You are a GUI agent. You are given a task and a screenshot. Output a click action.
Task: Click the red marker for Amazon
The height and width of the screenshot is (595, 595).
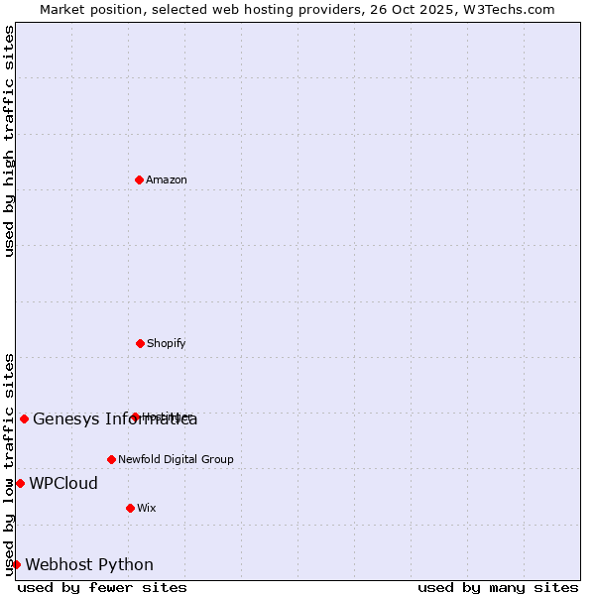coord(139,179)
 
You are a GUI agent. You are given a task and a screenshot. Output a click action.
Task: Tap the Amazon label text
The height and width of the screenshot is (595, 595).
coord(167,179)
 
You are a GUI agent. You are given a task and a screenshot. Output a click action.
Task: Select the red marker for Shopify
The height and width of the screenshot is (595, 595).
coord(140,343)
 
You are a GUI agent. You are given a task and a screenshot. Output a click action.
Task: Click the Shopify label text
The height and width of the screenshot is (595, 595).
coord(167,343)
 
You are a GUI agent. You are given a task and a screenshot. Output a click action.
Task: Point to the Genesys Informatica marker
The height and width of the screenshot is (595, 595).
coord(24,418)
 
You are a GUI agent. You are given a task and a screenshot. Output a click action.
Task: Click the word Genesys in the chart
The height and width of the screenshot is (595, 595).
coord(64,418)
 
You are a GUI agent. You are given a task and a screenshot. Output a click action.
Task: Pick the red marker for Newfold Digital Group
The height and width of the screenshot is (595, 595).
coord(111,459)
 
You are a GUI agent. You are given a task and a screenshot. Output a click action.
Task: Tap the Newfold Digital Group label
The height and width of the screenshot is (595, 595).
coord(176,459)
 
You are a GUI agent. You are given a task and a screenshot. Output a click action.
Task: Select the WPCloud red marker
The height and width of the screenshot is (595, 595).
coord(20,483)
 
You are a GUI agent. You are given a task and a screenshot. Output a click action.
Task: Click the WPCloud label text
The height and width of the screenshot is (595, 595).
coord(63,484)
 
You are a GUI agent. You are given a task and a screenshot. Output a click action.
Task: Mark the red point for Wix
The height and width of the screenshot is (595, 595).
coord(130,508)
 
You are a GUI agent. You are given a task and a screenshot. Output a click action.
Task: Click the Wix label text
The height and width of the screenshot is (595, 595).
coord(147,508)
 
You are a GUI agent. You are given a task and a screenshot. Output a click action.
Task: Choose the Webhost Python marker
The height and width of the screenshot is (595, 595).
coord(16,564)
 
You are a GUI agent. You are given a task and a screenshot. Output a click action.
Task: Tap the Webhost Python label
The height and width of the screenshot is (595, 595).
coord(89,565)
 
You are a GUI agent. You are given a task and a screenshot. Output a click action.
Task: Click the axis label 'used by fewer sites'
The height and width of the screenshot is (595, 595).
coord(102,587)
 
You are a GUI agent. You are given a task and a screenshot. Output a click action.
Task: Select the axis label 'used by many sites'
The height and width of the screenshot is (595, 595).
coord(498,587)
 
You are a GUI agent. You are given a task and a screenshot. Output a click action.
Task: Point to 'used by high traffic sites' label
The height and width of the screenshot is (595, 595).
coord(9,141)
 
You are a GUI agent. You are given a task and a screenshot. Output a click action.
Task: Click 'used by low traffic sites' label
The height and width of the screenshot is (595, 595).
coord(9,464)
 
